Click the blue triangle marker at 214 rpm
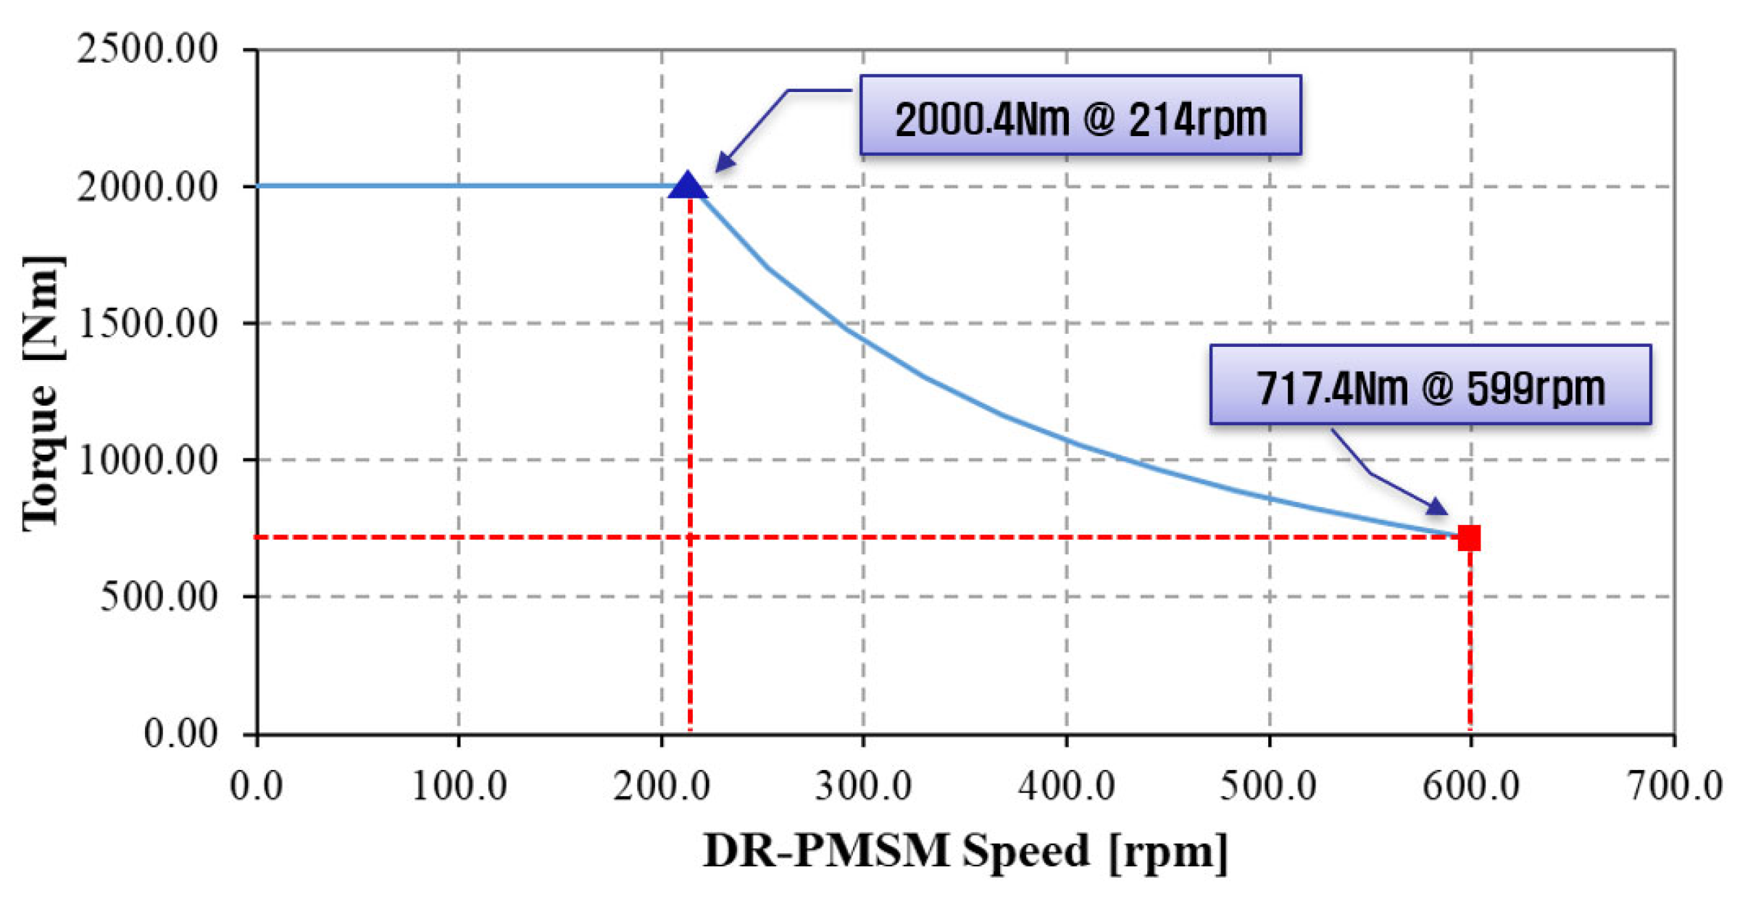(x=688, y=186)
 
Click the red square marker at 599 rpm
(x=1469, y=538)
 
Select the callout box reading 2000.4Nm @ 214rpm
(x=1080, y=116)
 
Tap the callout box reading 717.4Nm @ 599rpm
(x=1430, y=385)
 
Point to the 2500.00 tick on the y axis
(x=147, y=50)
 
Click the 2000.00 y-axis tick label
(x=147, y=187)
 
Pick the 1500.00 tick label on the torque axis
(x=147, y=324)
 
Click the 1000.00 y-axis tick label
(x=147, y=460)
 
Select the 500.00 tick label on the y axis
(x=158, y=597)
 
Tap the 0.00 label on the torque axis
(x=180, y=734)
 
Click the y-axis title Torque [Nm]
(x=42, y=395)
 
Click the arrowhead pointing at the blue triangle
(x=725, y=163)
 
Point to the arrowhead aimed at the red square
(x=1436, y=506)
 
